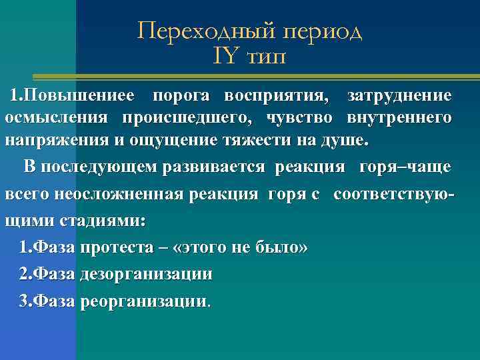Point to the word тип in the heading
pyautogui.click(x=265, y=58)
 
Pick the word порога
pyautogui.click(x=181, y=95)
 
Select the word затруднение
pyautogui.click(x=399, y=95)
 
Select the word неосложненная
pyautogui.click(x=139, y=194)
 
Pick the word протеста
pyautogui.click(x=111, y=248)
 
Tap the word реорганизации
pyautogui.click(x=144, y=301)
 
